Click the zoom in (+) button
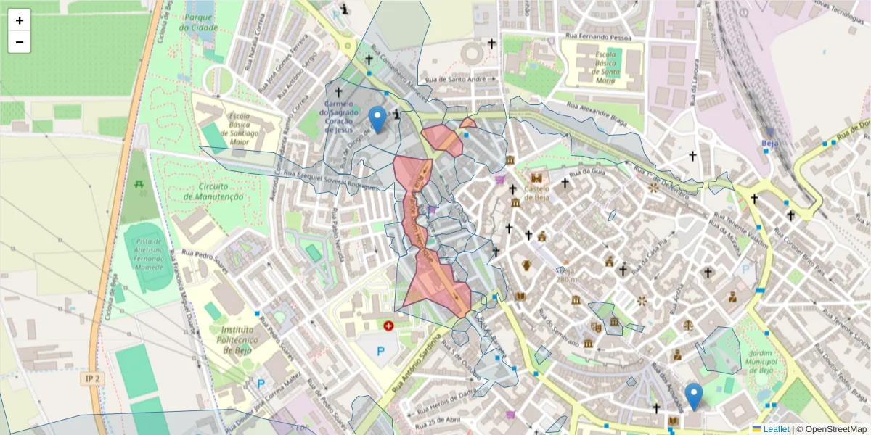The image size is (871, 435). click(x=20, y=20)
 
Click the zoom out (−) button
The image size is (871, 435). click(x=20, y=42)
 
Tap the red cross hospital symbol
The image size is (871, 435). click(x=389, y=326)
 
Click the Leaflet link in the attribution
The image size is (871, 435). click(x=776, y=429)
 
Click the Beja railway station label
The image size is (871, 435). click(x=770, y=143)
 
